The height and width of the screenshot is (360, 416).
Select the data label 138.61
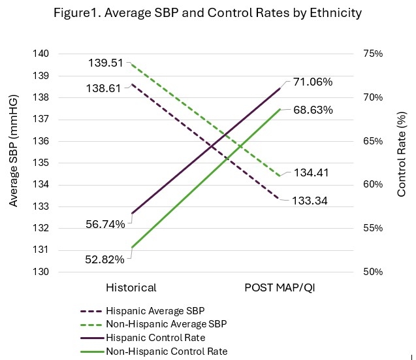[103, 88]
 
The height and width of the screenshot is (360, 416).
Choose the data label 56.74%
[104, 225]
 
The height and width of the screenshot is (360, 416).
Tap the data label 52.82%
[104, 259]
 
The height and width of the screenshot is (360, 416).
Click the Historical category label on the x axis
[131, 288]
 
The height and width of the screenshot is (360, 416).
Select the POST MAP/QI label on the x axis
[281, 288]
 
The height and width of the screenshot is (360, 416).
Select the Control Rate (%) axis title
[402, 154]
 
